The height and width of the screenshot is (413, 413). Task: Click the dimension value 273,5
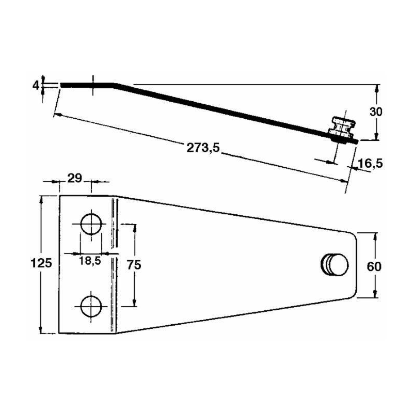[x=203, y=148]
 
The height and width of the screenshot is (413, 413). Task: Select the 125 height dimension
[x=41, y=263]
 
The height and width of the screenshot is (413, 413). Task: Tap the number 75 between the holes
[x=134, y=265]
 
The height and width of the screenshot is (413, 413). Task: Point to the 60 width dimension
[x=374, y=266]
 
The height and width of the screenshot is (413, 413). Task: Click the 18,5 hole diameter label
[x=90, y=261]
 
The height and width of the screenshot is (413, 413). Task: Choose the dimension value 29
[x=75, y=178]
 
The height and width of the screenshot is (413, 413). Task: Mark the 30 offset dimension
[x=376, y=112]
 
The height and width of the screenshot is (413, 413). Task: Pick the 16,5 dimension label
[x=370, y=163]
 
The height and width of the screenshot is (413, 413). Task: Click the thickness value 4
[x=36, y=85]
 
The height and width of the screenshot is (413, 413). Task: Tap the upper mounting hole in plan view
[x=91, y=225]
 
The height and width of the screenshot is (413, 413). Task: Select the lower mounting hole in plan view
[x=91, y=306]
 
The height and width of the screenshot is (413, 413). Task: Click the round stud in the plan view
[x=335, y=265]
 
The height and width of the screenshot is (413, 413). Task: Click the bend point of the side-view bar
[x=114, y=85]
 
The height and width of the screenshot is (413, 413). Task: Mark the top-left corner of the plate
[x=59, y=196]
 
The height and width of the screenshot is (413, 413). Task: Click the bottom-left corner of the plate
[x=59, y=333]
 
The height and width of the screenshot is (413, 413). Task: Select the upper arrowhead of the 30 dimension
[x=377, y=88]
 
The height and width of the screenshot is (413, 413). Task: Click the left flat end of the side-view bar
[x=61, y=85]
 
